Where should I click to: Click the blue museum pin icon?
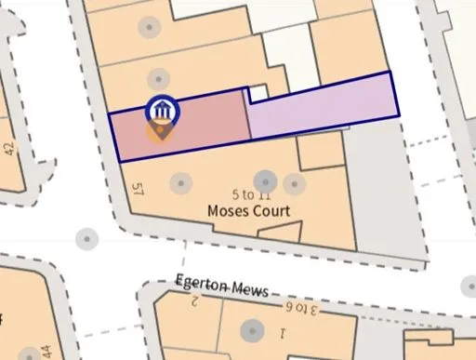point(163,111)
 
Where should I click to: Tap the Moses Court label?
point(248,211)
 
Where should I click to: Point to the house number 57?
point(140,192)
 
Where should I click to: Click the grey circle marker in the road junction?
point(87,238)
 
